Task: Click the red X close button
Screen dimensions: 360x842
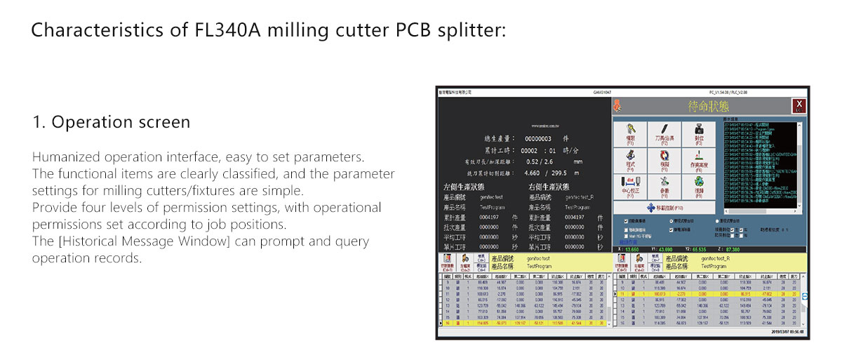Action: click(798, 106)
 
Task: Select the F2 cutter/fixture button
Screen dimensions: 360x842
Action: click(664, 133)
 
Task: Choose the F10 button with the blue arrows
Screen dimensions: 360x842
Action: click(664, 208)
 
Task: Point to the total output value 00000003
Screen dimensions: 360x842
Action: click(538, 139)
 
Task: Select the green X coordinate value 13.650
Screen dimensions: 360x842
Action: click(631, 249)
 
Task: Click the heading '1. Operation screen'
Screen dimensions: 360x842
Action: click(111, 122)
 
